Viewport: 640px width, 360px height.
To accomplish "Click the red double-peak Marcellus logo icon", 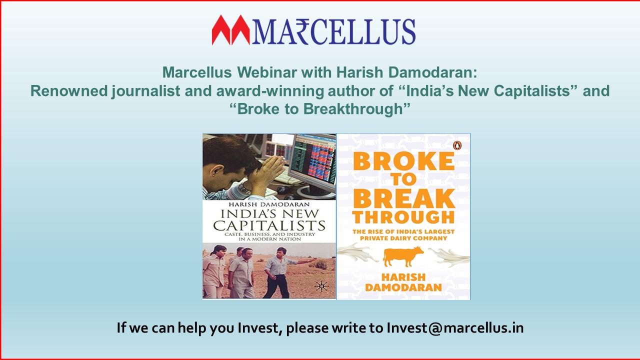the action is (231, 30).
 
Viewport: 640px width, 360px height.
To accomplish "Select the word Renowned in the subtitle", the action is (69, 90).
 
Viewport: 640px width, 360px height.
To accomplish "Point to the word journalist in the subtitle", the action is (145, 91).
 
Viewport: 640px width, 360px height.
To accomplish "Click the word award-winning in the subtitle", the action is (270, 91).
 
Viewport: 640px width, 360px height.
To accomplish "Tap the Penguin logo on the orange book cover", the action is (457, 145).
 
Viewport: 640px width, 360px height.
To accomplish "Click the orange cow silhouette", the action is (403, 256).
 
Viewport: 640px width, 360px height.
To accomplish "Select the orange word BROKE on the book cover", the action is (403, 161).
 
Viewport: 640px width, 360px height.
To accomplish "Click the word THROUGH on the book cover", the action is (403, 217).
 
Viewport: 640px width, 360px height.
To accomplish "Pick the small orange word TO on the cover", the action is (403, 179).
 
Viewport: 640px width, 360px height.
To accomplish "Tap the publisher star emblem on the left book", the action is (321, 286).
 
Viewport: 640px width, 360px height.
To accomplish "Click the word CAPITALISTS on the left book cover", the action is (269, 225).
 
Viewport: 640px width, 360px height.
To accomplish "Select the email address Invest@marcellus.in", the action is (455, 328).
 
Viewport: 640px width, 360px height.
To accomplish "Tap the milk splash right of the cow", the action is (449, 257).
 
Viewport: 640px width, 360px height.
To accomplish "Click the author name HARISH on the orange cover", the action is (403, 277).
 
